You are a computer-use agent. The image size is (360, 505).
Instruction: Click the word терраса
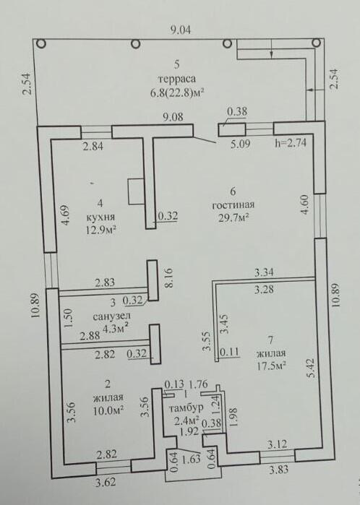pyautogui.click(x=176, y=79)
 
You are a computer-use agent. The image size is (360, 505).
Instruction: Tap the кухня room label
pyautogui.click(x=100, y=217)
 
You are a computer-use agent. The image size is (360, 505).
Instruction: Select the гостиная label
pyautogui.click(x=233, y=205)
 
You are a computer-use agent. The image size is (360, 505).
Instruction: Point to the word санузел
pyautogui.click(x=112, y=317)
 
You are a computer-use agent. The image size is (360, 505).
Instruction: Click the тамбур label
pyautogui.click(x=186, y=407)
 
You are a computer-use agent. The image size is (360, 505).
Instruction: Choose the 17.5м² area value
pyautogui.click(x=270, y=366)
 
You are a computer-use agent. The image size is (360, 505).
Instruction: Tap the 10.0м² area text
pyautogui.click(x=108, y=410)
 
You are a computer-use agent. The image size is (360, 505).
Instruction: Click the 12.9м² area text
pyautogui.click(x=100, y=230)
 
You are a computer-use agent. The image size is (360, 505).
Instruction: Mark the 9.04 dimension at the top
pyautogui.click(x=180, y=30)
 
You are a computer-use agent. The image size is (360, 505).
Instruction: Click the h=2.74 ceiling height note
pyautogui.click(x=290, y=142)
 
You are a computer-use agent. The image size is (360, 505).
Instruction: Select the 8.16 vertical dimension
pyautogui.click(x=170, y=277)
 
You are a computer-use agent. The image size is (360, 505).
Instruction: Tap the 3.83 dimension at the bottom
pyautogui.click(x=278, y=470)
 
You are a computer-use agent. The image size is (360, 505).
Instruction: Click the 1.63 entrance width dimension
pyautogui.click(x=191, y=458)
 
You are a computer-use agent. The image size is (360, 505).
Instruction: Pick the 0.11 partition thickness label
pyautogui.click(x=229, y=353)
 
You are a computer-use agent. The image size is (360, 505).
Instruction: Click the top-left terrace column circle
pyautogui.click(x=41, y=43)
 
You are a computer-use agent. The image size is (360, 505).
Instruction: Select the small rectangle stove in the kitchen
pyautogui.click(x=137, y=191)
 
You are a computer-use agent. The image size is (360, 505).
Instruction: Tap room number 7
pyautogui.click(x=270, y=340)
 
